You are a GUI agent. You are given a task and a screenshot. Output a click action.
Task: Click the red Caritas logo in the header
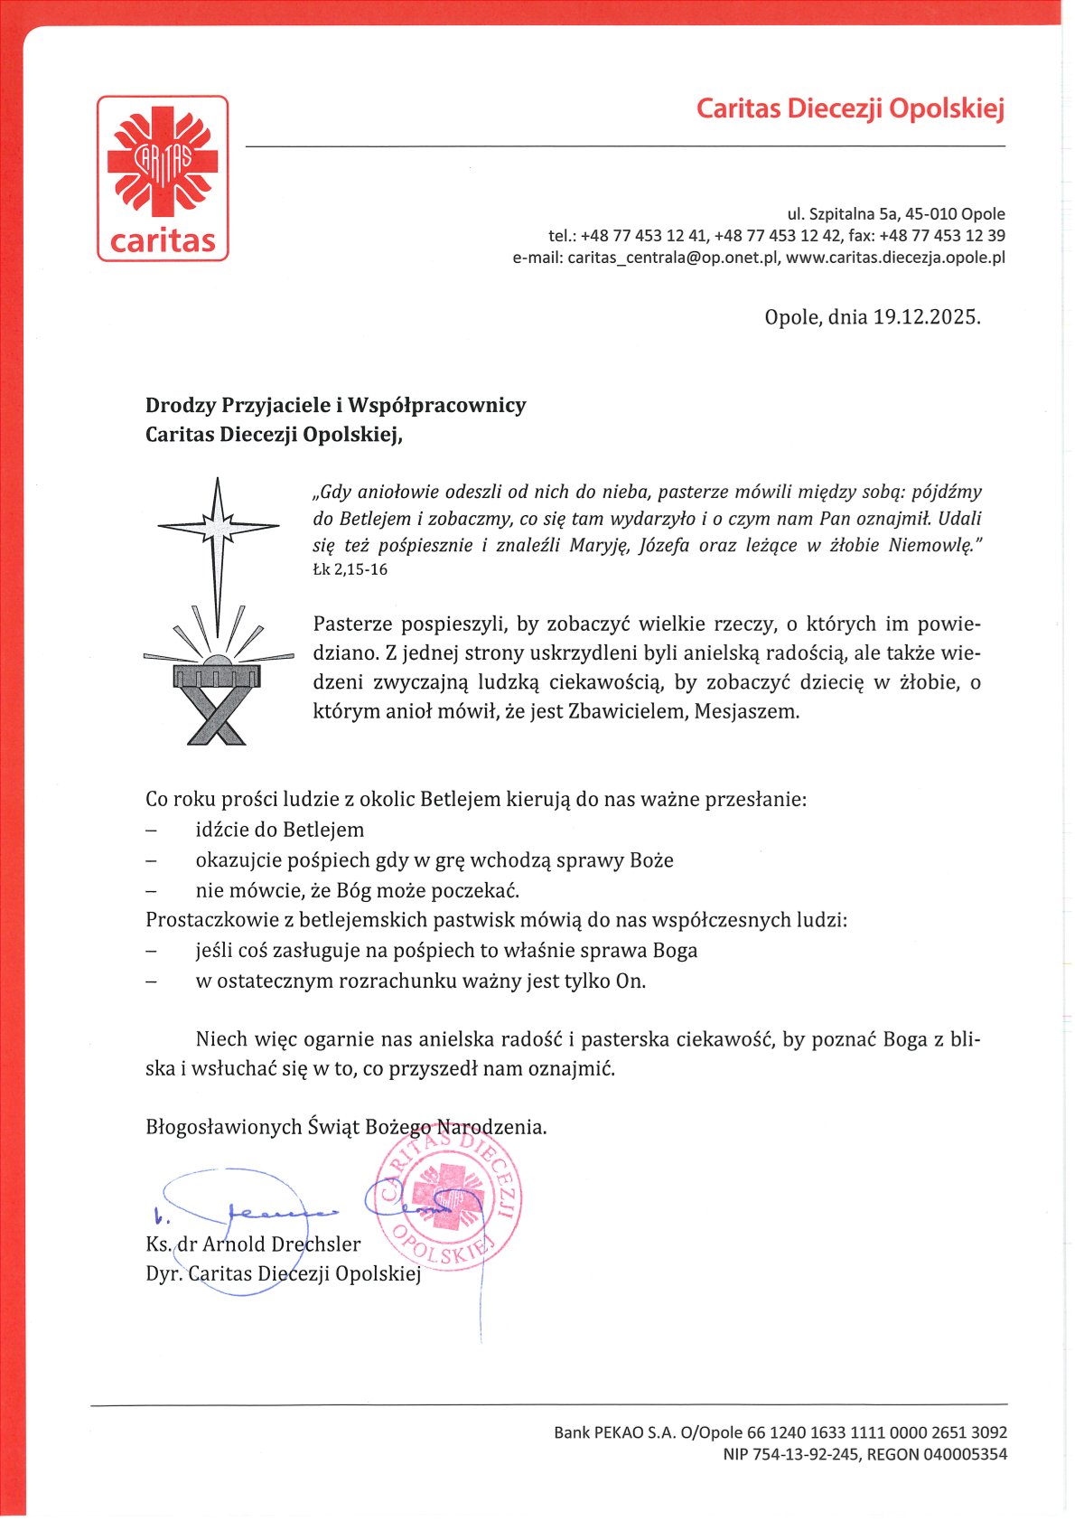(x=163, y=178)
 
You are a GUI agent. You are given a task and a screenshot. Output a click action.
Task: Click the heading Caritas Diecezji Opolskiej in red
(x=850, y=109)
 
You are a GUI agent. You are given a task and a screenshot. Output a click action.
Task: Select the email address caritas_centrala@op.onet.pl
(x=672, y=258)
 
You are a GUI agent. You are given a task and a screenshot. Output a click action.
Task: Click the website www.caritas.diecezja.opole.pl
(x=895, y=258)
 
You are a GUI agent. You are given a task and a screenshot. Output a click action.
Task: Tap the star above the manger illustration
(x=217, y=526)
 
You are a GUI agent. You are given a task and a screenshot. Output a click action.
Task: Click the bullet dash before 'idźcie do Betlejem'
(x=151, y=831)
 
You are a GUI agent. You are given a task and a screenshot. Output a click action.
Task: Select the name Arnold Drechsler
(x=281, y=1244)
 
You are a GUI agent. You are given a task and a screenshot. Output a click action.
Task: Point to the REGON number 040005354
(x=962, y=1454)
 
